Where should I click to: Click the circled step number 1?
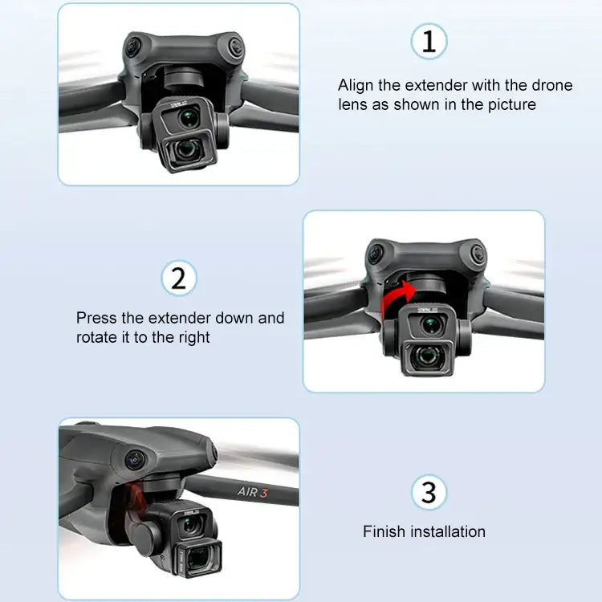coord(429,41)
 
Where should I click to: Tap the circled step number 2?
coord(178,279)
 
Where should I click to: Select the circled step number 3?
coord(429,492)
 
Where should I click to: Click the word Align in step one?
coord(356,85)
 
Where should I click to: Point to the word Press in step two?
coord(96,318)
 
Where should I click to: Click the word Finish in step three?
coord(384,531)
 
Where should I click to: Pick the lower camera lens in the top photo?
coord(188,149)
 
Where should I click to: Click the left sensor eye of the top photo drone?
coord(130,47)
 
